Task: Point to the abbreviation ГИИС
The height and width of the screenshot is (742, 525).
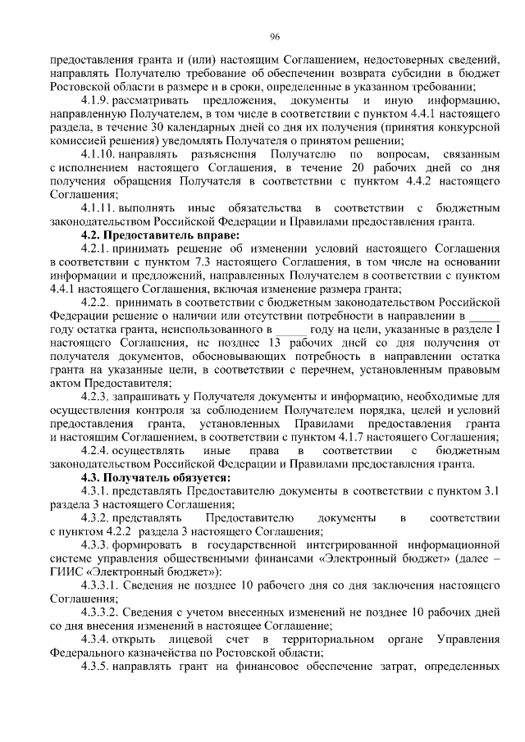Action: coord(65,571)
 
